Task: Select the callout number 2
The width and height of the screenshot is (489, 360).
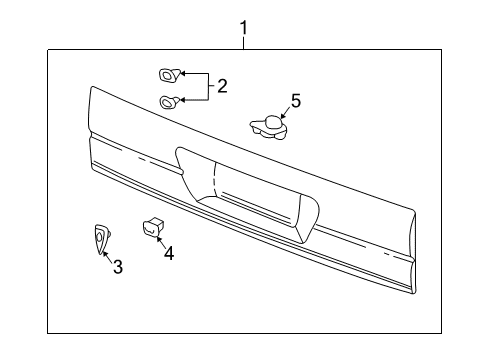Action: tap(222, 86)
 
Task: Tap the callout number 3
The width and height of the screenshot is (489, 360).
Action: tap(117, 267)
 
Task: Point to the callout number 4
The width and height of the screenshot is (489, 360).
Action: tap(168, 253)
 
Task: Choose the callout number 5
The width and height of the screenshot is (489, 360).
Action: tap(295, 100)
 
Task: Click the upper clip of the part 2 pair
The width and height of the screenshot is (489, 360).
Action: tap(167, 74)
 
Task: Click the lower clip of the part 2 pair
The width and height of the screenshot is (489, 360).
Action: tap(168, 99)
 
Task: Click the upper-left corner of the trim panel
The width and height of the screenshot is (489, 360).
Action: tap(92, 92)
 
